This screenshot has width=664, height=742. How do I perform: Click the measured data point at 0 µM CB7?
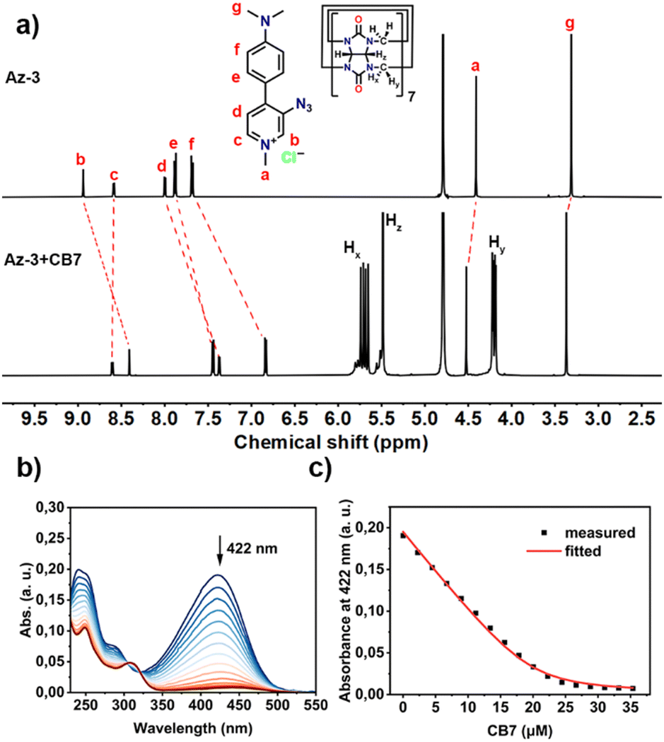click(403, 536)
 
